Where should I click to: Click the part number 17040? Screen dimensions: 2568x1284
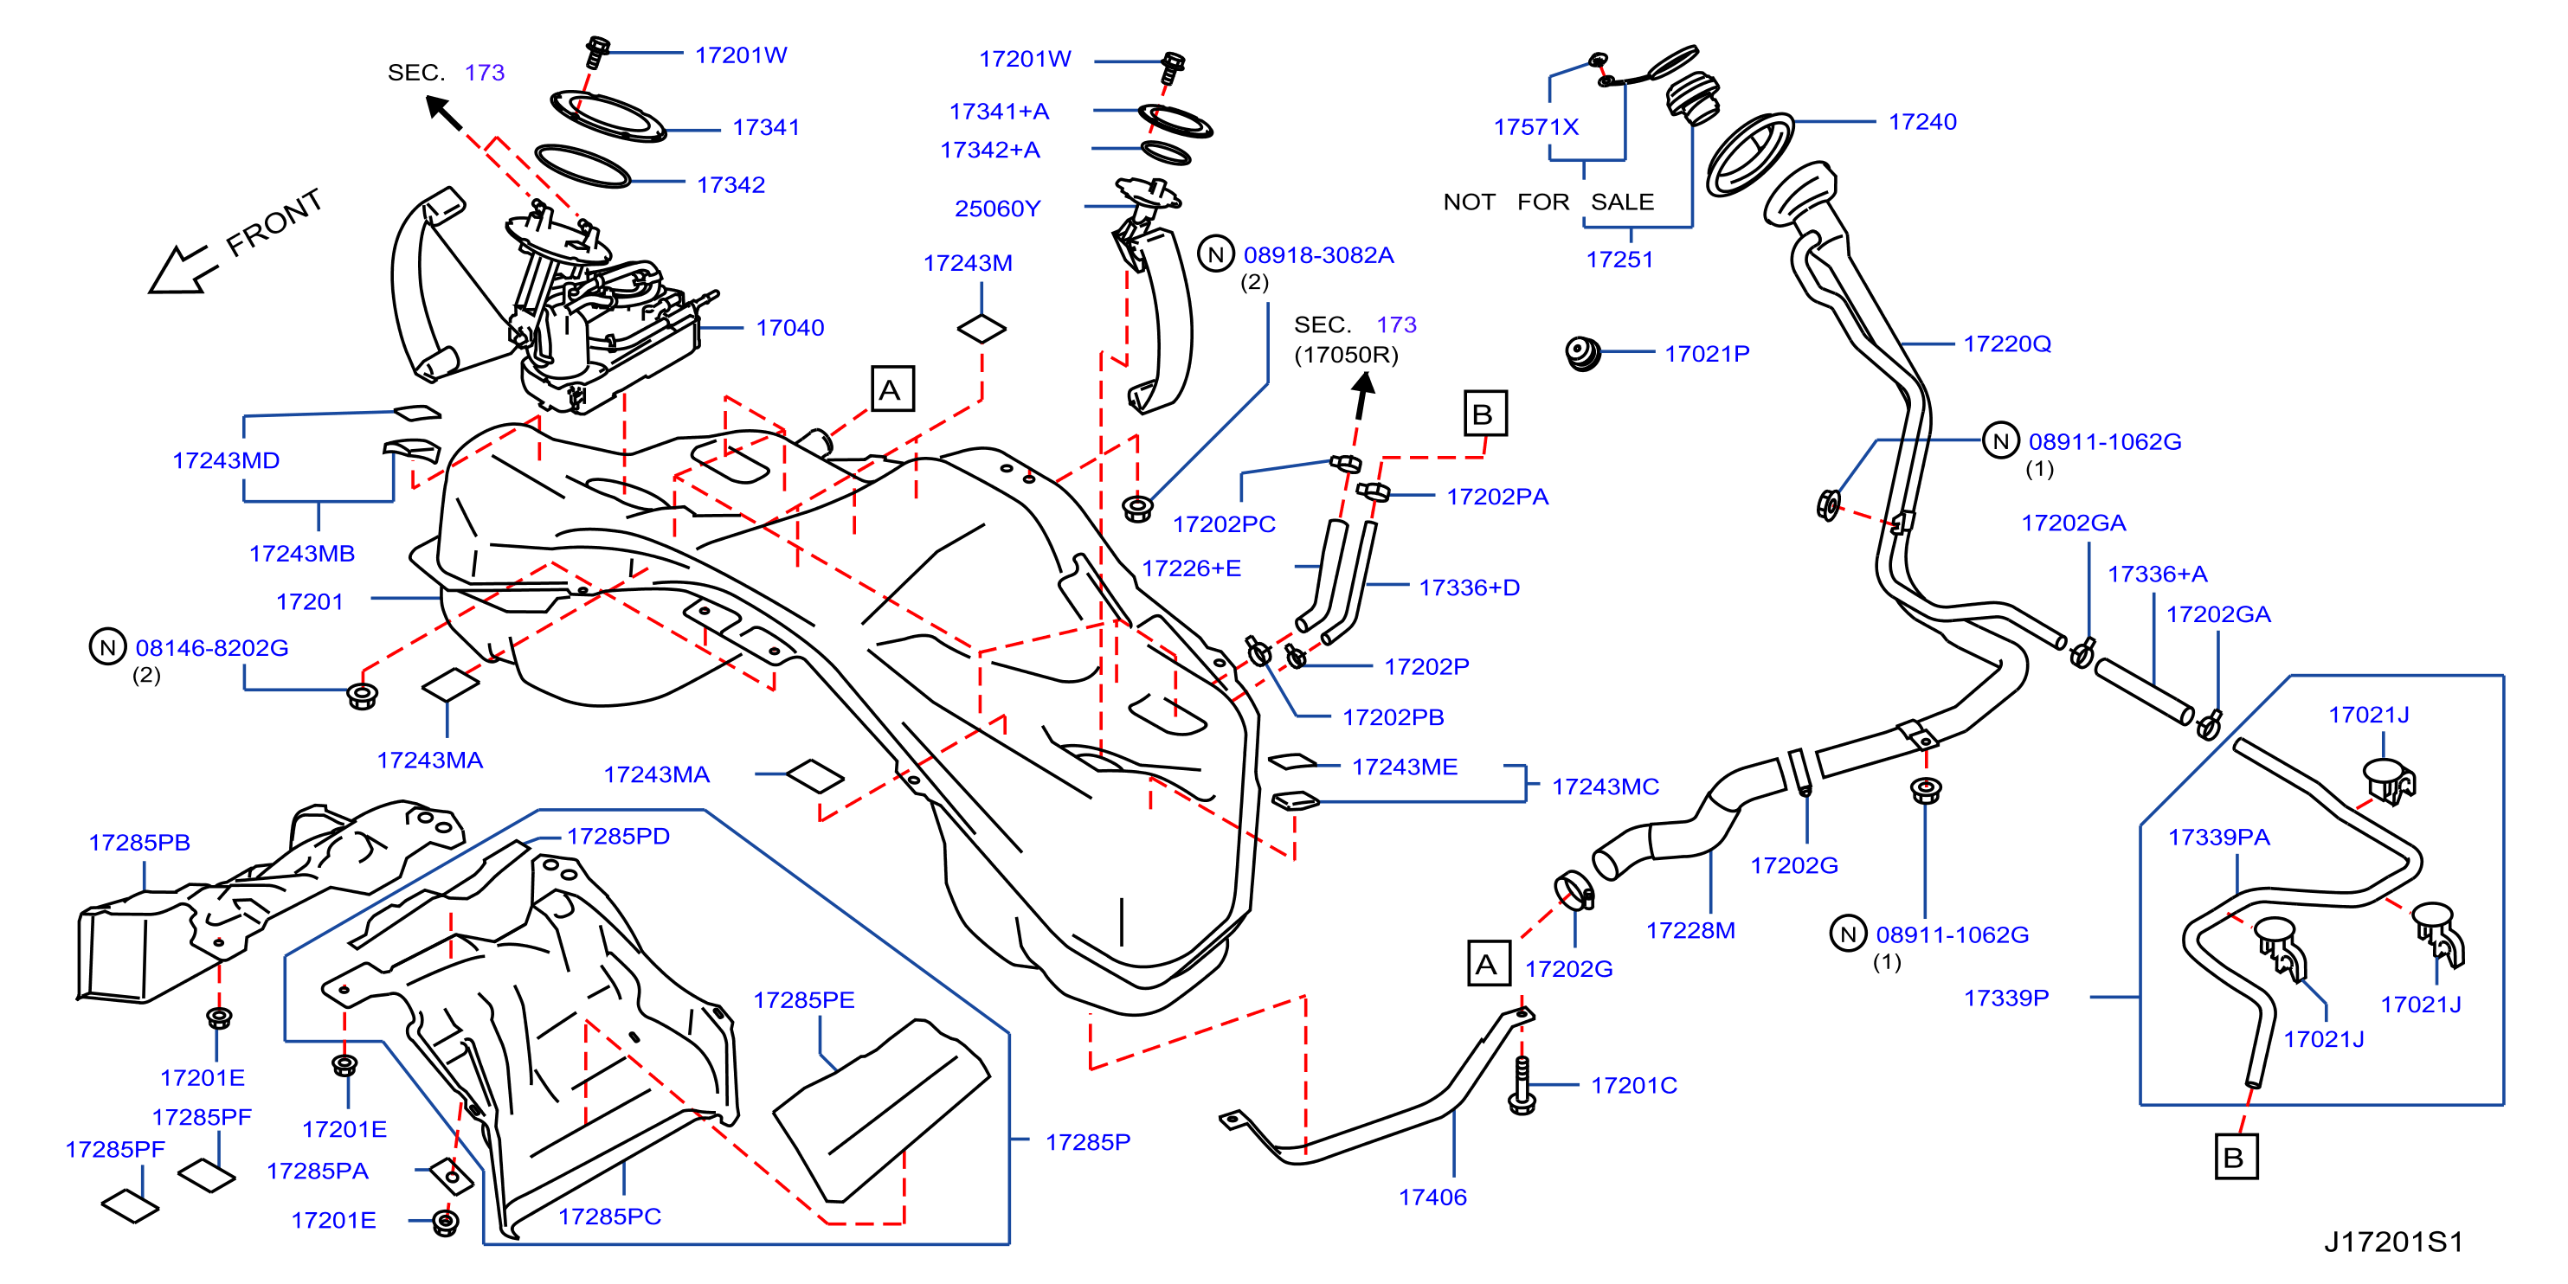point(789,328)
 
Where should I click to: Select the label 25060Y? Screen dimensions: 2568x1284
point(997,209)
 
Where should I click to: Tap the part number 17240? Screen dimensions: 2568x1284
point(1922,122)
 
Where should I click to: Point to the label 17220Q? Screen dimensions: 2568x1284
point(2007,344)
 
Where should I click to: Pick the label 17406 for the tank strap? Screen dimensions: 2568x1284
point(1432,1197)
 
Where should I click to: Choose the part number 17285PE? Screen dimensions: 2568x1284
point(803,1000)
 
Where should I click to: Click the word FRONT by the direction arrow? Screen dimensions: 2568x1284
point(274,222)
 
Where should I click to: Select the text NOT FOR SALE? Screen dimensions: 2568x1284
point(1548,202)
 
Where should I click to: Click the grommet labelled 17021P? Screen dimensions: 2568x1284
point(1583,353)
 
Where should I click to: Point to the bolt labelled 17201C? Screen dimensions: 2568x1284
point(1522,1085)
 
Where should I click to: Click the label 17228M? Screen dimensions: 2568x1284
point(1689,930)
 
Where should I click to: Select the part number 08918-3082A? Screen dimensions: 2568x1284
point(1318,255)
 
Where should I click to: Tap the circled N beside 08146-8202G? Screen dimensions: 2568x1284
point(107,647)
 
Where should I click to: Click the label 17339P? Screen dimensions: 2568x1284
point(2005,998)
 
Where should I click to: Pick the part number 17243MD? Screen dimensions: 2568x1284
point(225,460)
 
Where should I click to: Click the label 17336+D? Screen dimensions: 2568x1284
point(1469,587)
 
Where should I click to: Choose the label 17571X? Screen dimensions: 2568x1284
point(1535,126)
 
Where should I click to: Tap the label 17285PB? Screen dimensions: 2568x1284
point(138,843)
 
